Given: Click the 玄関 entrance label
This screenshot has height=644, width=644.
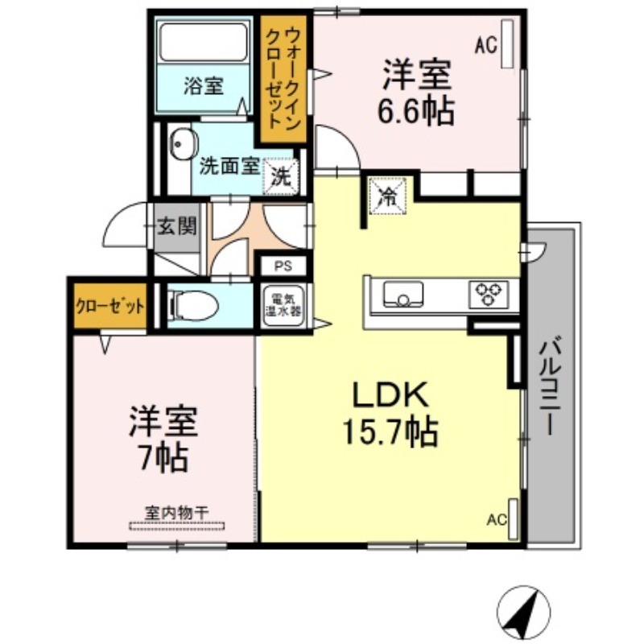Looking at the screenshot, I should (x=175, y=226).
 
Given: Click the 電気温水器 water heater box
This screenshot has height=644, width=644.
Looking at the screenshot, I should (x=283, y=307).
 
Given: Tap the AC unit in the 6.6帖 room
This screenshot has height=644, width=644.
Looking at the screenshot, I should (x=507, y=44).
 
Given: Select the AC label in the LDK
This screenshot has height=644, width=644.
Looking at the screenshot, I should (x=496, y=519).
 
